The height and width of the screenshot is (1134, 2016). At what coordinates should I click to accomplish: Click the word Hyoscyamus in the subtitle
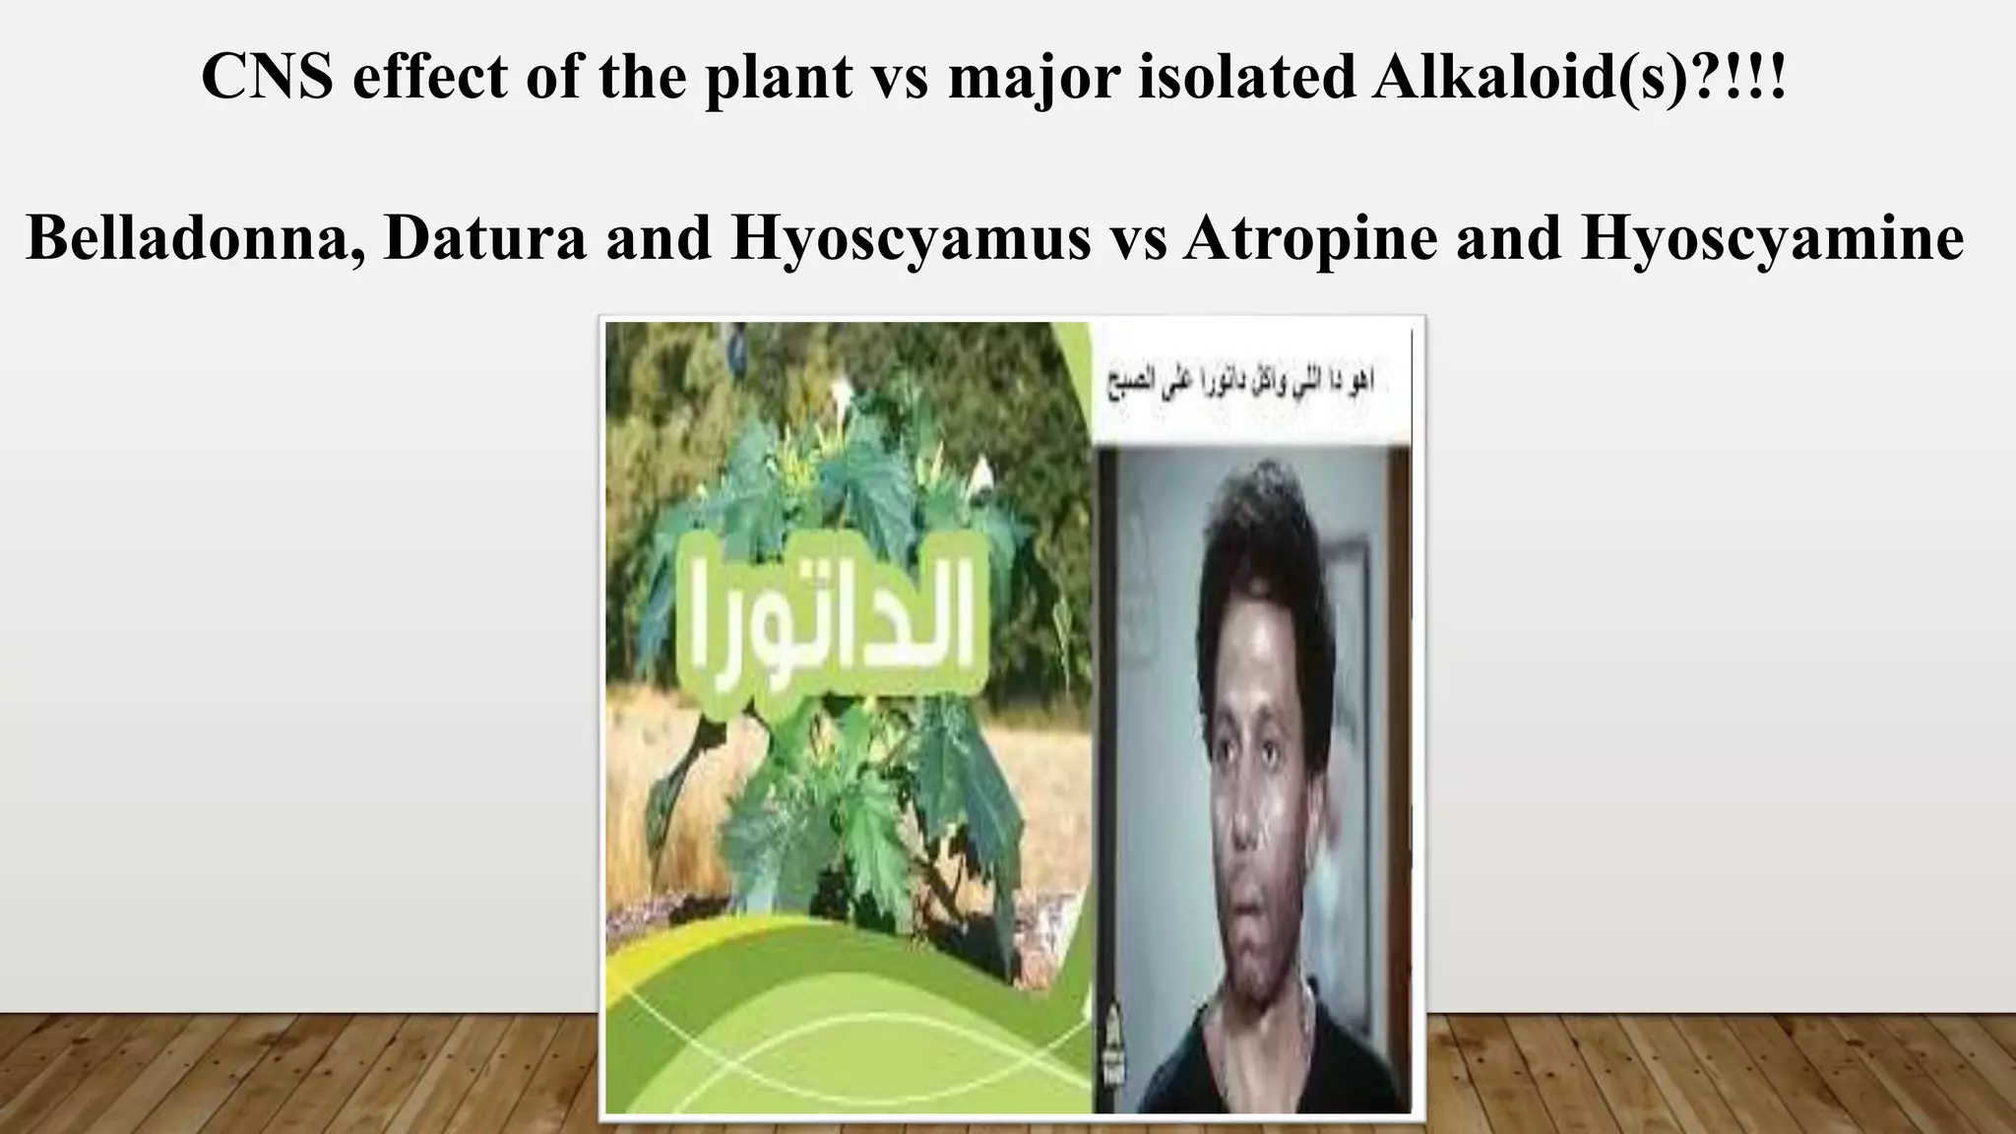click(x=910, y=238)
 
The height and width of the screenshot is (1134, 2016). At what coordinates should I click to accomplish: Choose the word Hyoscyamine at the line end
click(x=1772, y=238)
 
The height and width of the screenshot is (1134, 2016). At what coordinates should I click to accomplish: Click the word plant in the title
click(x=777, y=77)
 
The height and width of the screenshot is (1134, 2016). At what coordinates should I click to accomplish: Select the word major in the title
click(x=1034, y=77)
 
